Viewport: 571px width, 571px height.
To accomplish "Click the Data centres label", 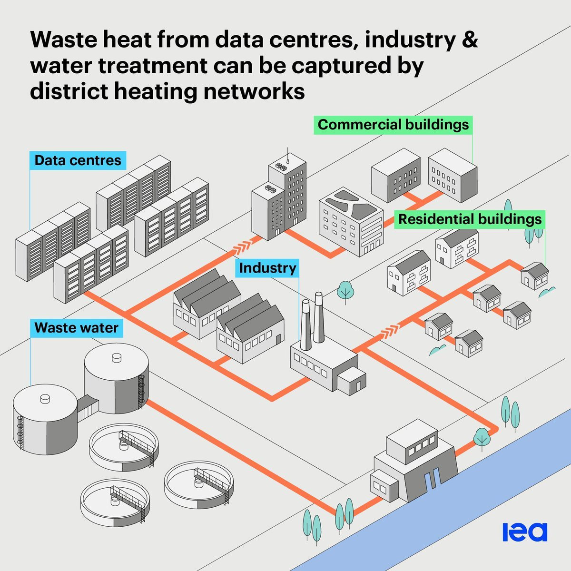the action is point(78,160).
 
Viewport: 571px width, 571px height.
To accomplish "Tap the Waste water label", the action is point(77,328).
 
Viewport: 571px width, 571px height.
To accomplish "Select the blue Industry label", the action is point(267,268).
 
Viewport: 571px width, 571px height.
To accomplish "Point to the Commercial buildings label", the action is point(393,125).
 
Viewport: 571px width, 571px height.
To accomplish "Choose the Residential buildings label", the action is point(470,219).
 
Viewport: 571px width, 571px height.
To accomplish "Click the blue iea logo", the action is point(525,532).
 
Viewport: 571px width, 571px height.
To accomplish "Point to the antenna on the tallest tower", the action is point(287,156).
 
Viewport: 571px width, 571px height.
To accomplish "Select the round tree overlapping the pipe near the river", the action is point(482,438).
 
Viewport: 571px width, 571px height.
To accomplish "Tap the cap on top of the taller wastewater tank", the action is point(117,358).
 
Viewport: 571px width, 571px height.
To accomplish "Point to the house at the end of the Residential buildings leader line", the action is point(535,276).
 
